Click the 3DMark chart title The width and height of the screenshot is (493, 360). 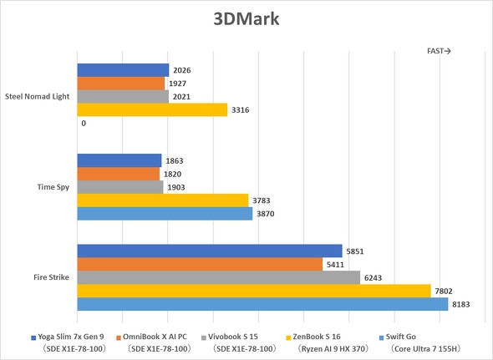pos(246,18)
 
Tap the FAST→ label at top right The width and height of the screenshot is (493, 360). pos(439,51)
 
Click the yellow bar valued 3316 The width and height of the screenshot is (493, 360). pos(152,109)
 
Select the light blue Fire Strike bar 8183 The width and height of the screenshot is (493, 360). pos(262,304)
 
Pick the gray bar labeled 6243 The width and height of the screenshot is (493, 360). pos(218,277)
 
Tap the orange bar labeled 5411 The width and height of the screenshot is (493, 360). pos(200,264)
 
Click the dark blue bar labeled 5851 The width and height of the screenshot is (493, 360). pos(209,251)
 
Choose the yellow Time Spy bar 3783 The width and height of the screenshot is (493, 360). pos(163,200)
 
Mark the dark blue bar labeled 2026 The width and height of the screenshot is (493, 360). pos(123,70)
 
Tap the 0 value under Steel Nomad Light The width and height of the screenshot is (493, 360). pos(84,123)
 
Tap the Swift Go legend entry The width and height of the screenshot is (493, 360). pos(406,337)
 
